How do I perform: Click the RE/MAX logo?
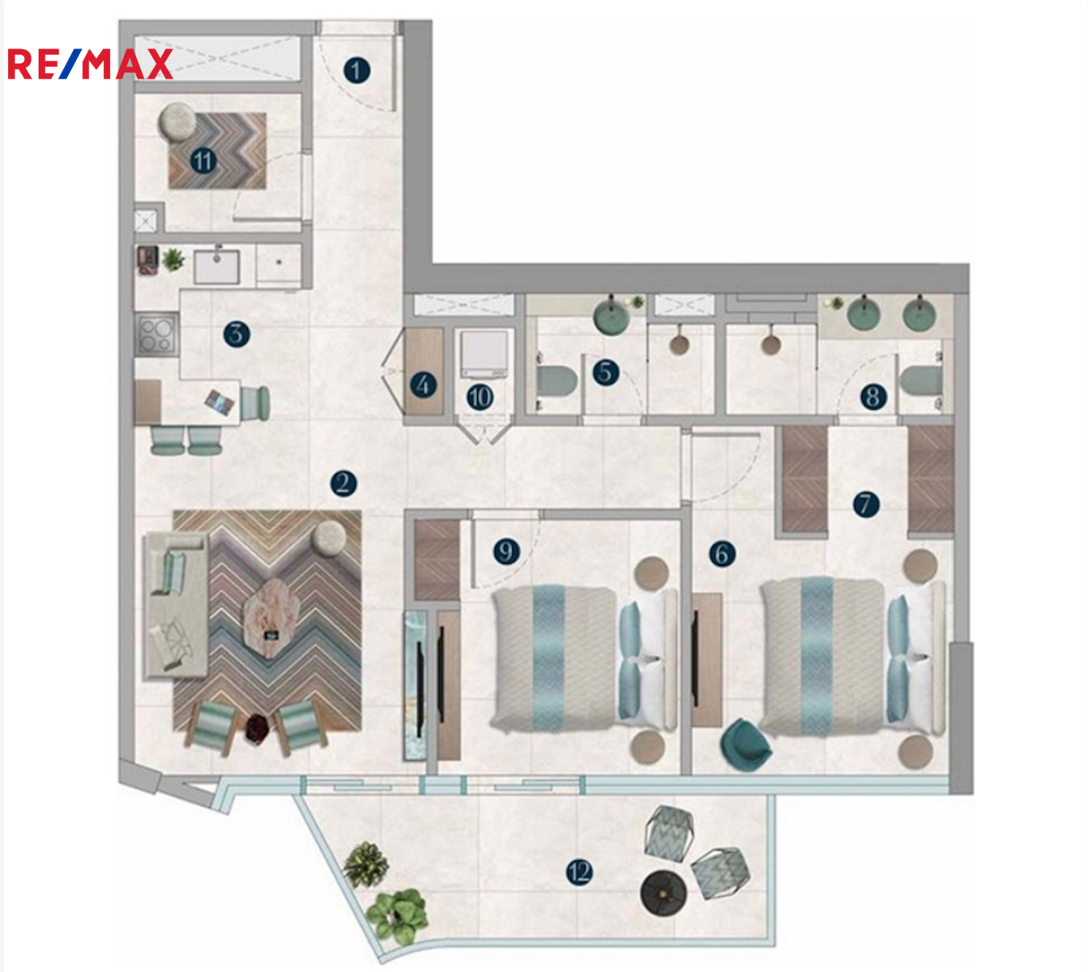pyautogui.click(x=90, y=64)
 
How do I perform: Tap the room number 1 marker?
pyautogui.click(x=356, y=70)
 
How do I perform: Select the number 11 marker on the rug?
pyautogui.click(x=203, y=160)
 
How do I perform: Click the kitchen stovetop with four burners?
pyautogui.click(x=156, y=334)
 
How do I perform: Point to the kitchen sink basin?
pyautogui.click(x=216, y=266)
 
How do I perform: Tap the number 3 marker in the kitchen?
pyautogui.click(x=237, y=334)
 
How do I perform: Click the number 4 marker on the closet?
pyautogui.click(x=423, y=385)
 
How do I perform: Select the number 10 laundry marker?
pyautogui.click(x=480, y=398)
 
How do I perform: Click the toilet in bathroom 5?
pyautogui.click(x=557, y=382)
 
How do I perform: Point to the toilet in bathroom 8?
pyautogui.click(x=921, y=381)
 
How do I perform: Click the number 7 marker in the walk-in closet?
pyautogui.click(x=866, y=504)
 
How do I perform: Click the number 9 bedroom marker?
pyautogui.click(x=506, y=552)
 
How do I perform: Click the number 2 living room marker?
pyautogui.click(x=343, y=484)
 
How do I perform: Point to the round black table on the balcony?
pyautogui.click(x=663, y=893)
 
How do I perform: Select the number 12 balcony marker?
pyautogui.click(x=579, y=872)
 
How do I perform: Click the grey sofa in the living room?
pyautogui.click(x=175, y=605)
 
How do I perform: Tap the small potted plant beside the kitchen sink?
pyautogui.click(x=173, y=260)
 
